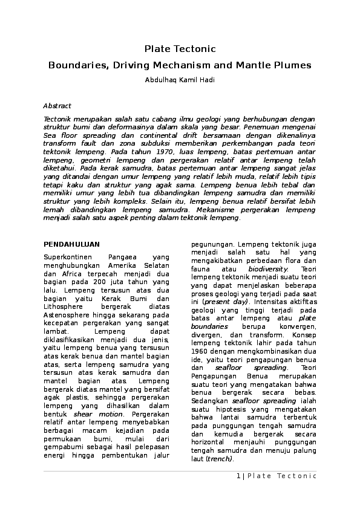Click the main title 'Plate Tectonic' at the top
click(180, 48)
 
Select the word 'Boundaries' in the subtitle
click(74, 64)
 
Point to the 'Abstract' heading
click(57, 106)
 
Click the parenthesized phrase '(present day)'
click(225, 301)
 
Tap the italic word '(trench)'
click(220, 459)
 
